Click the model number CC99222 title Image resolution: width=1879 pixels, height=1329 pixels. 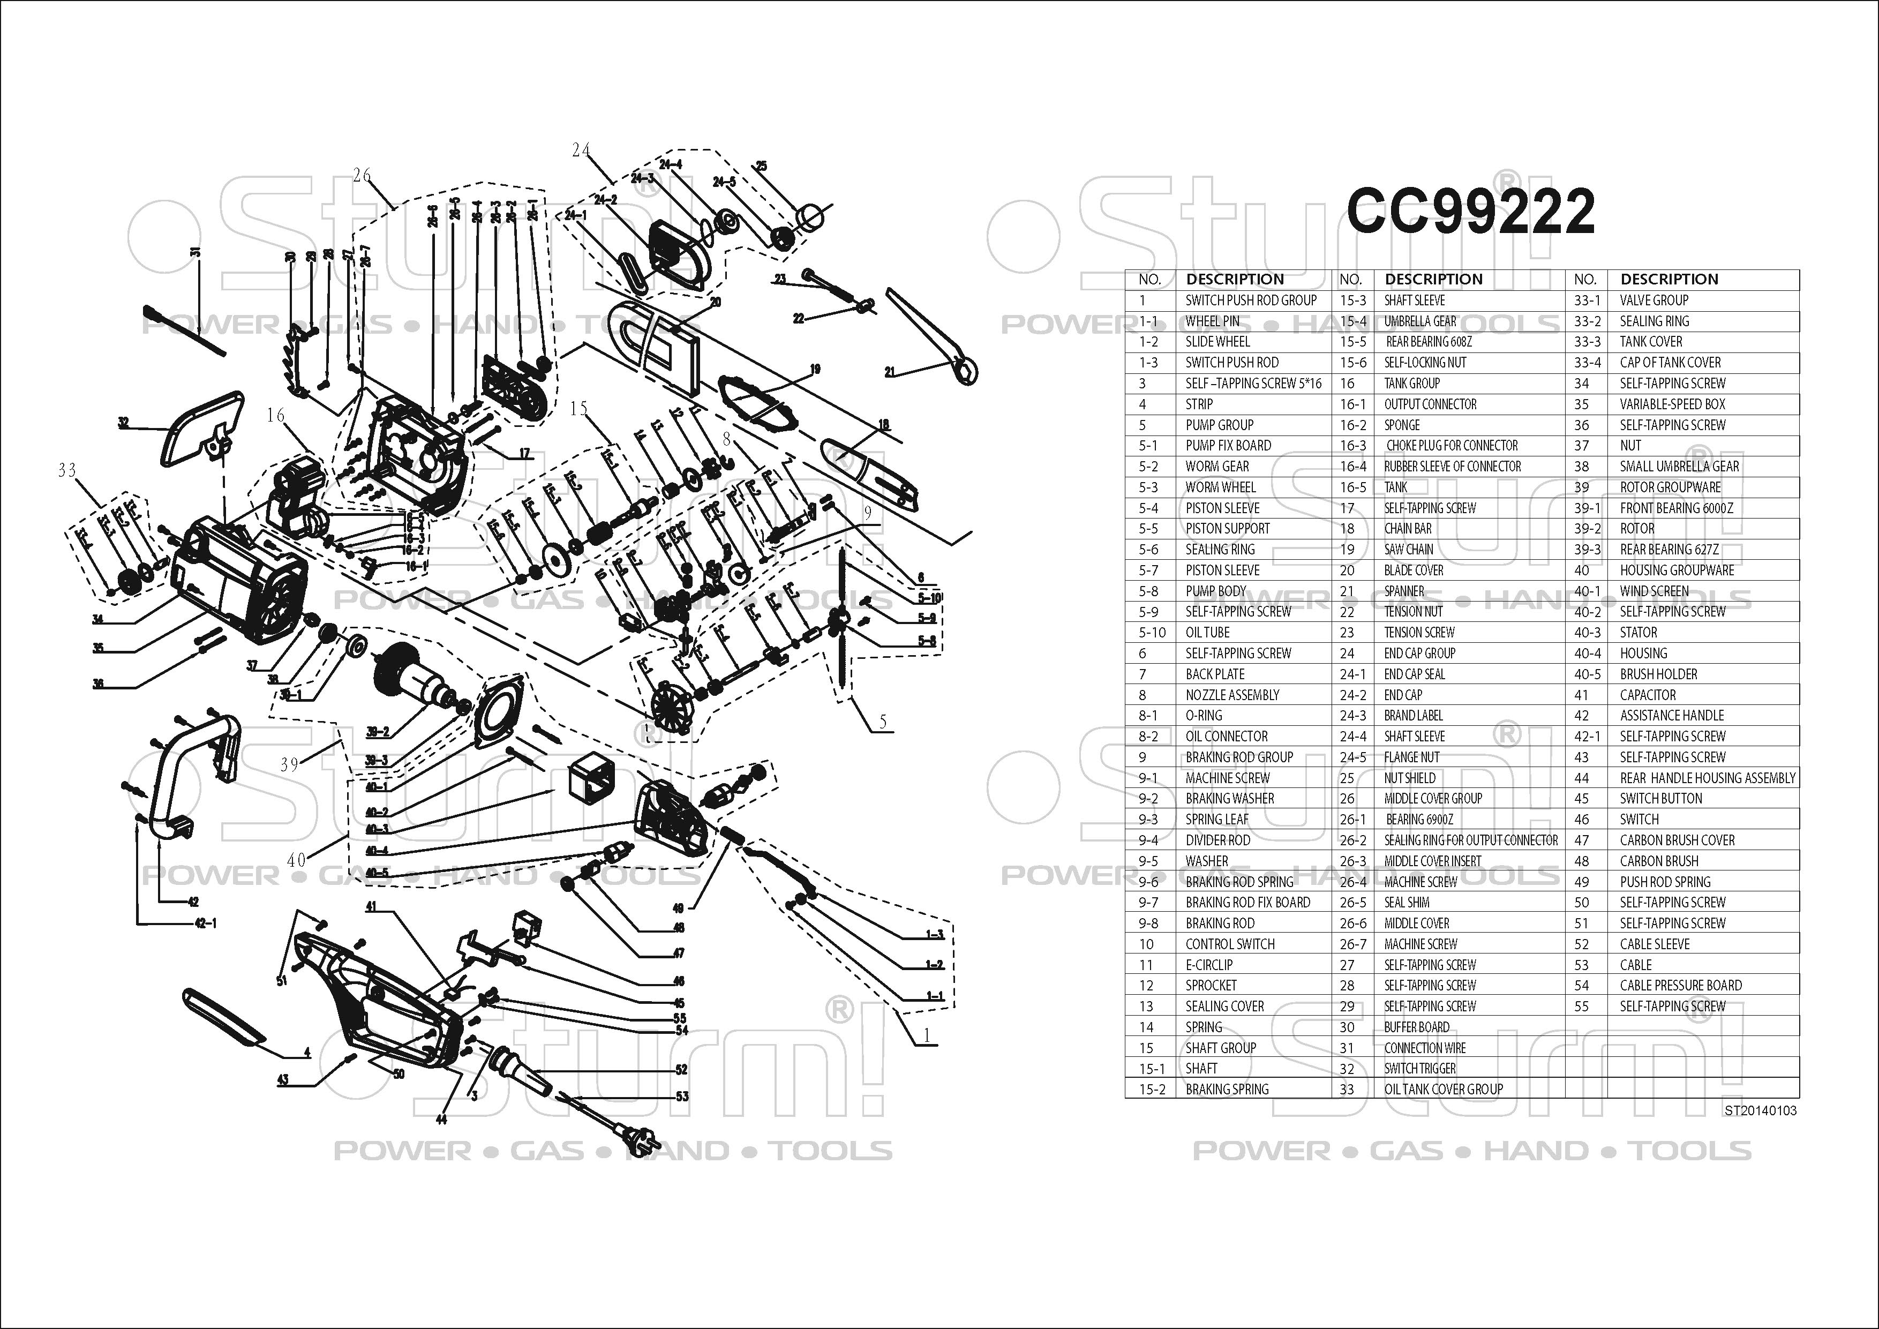point(1471,211)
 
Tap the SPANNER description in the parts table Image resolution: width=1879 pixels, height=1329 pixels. point(1404,591)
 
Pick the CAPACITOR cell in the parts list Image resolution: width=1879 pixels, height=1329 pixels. point(1648,695)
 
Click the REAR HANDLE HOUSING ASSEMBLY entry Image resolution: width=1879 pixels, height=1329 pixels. point(1707,777)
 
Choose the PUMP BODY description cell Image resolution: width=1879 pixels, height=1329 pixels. point(1215,591)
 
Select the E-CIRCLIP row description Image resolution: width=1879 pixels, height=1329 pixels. point(1209,965)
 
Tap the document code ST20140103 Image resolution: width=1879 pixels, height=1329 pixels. point(1760,1110)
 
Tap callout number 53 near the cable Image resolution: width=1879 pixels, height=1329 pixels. point(682,1097)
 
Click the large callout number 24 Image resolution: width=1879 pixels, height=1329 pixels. point(581,150)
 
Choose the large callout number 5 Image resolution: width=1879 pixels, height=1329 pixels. point(882,722)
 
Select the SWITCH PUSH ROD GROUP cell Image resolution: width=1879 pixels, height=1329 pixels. point(1251,301)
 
